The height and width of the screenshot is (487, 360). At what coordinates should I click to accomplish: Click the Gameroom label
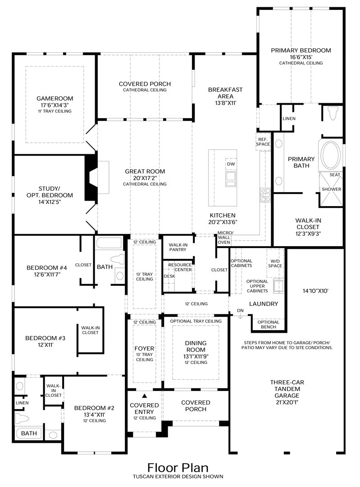tap(55, 98)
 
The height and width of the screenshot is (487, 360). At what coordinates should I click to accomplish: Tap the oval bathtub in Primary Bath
tap(331, 155)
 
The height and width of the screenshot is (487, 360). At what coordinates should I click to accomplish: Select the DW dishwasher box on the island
tap(231, 164)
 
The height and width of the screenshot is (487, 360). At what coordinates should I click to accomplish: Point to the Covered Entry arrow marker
tap(144, 396)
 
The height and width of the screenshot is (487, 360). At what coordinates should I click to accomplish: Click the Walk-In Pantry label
tap(178, 247)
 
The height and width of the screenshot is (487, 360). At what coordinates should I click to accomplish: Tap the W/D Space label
tap(275, 263)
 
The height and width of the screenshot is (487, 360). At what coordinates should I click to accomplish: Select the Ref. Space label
tap(263, 142)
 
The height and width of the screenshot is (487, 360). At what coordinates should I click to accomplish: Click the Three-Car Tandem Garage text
tap(287, 389)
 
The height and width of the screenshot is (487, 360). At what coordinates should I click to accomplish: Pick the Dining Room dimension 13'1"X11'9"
tap(196, 357)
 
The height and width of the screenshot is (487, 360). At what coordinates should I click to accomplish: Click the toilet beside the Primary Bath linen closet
tap(333, 113)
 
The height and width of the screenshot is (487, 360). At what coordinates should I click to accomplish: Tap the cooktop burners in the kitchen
tap(265, 195)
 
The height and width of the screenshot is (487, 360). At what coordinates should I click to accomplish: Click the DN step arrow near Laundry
tap(240, 315)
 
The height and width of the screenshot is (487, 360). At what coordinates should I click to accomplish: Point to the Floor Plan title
tap(178, 468)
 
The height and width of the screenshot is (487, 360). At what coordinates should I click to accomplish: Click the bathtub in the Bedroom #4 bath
tap(109, 243)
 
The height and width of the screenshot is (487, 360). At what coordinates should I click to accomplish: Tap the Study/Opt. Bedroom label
tap(50, 192)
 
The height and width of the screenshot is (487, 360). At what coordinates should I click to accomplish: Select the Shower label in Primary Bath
tap(331, 189)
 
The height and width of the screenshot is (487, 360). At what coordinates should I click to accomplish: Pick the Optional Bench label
tap(269, 324)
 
